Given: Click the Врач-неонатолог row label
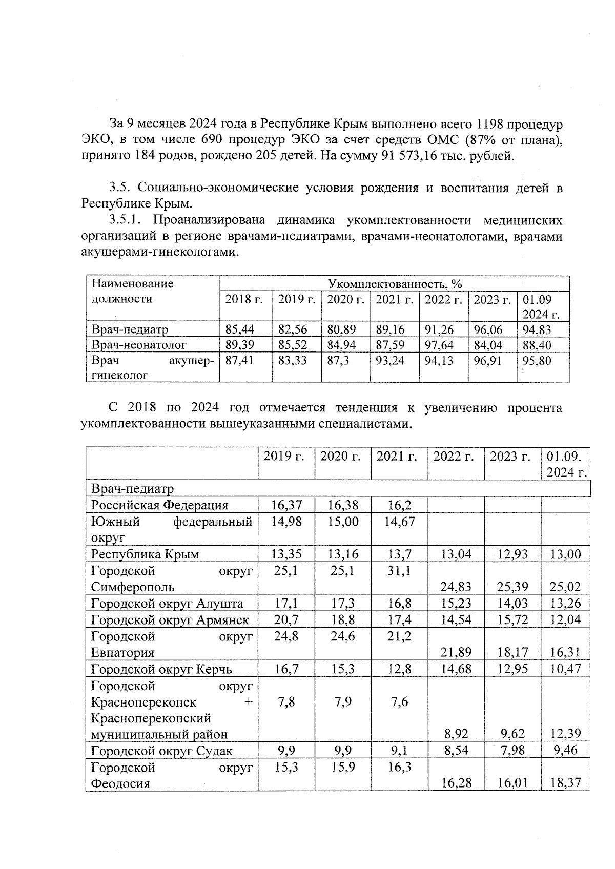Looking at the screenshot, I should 139,345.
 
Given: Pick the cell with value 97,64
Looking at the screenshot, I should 439,345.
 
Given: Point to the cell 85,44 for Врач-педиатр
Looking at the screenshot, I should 240,329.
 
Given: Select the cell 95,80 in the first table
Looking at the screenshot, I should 537,361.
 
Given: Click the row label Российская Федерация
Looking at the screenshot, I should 159,505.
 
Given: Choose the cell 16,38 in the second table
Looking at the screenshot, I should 343,505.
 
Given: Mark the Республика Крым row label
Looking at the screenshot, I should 145,554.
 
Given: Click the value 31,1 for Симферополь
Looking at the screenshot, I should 399,571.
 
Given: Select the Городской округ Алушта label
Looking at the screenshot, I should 167,604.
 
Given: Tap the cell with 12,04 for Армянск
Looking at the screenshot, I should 565,620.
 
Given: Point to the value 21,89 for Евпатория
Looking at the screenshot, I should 456,653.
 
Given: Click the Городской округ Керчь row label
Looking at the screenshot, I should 161,669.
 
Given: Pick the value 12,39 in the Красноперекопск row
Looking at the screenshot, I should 565,734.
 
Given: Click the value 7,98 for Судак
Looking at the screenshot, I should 512,751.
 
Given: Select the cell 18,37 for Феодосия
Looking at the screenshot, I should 565,783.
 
